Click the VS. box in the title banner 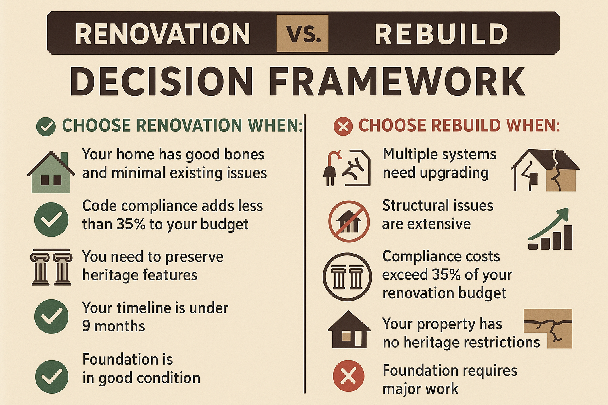click(x=302, y=33)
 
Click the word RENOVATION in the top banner click(x=162, y=34)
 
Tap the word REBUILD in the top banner click(x=441, y=34)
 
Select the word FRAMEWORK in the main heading click(x=397, y=81)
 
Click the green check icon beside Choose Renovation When click(x=46, y=127)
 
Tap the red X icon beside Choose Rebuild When click(x=343, y=127)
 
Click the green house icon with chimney click(x=51, y=172)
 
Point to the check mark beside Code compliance click(x=51, y=220)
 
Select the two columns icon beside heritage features click(x=51, y=267)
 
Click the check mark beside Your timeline click(x=51, y=316)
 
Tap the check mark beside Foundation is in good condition click(x=51, y=377)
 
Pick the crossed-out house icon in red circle click(x=349, y=221)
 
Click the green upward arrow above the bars click(x=548, y=224)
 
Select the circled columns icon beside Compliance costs click(x=347, y=277)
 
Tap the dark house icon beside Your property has click(x=349, y=329)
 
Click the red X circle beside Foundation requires click(x=348, y=376)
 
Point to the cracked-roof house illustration click(x=545, y=170)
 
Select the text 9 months click(x=114, y=326)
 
